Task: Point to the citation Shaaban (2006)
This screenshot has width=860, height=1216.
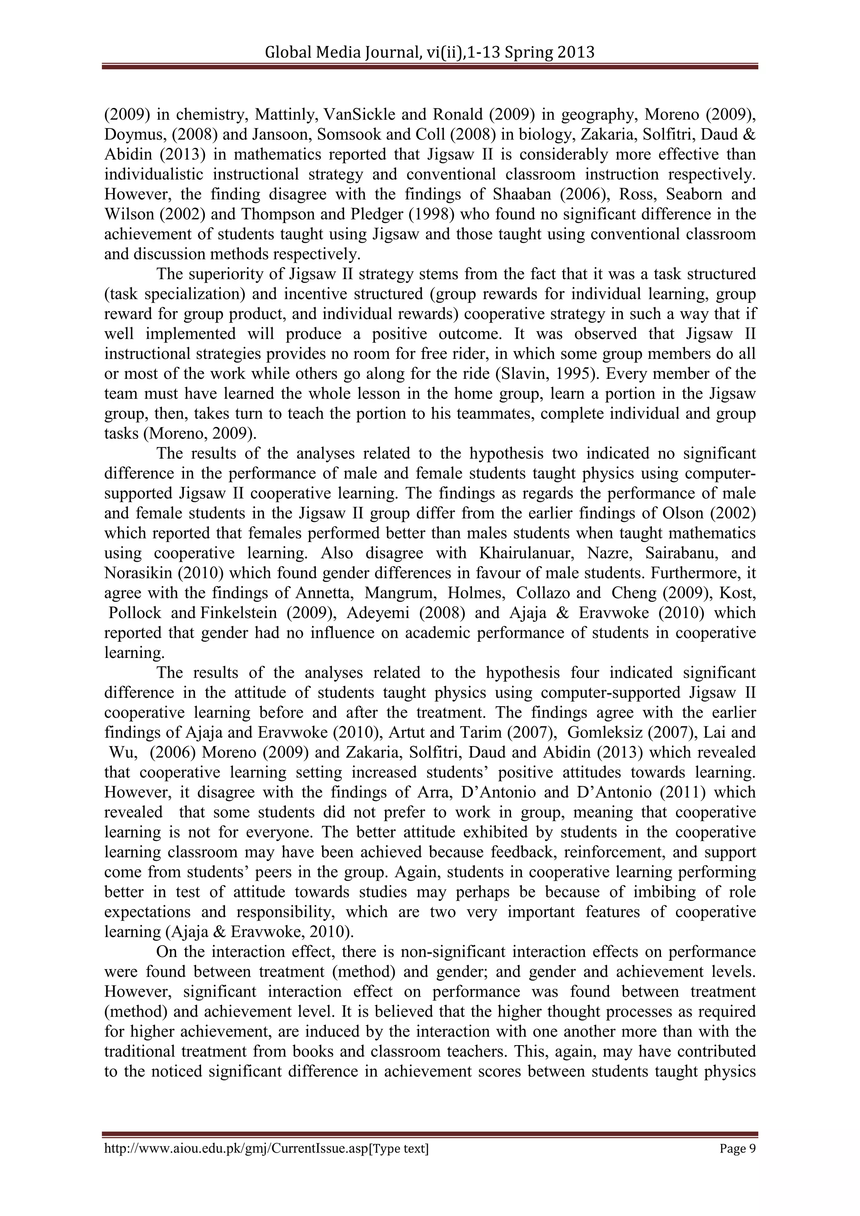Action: (529, 194)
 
